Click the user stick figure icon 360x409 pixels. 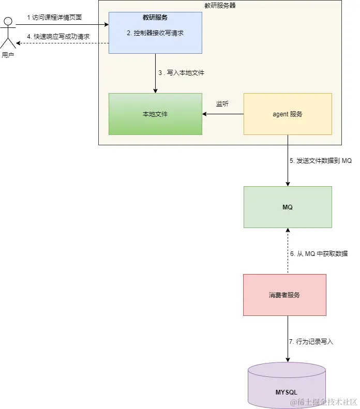tap(7, 32)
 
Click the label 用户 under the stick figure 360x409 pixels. tap(8, 55)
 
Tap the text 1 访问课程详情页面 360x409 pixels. tap(54, 17)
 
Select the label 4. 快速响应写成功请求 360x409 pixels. tap(58, 37)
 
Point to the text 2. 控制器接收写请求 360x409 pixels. tap(155, 33)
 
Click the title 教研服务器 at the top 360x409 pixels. tap(220, 5)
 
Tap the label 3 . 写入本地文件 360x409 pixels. tap(181, 73)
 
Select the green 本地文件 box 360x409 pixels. tap(155, 114)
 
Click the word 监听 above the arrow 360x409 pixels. tap(222, 104)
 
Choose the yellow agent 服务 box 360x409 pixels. tap(288, 114)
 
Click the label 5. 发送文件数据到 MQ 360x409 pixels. tap(320, 161)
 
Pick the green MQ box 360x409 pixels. tap(288, 207)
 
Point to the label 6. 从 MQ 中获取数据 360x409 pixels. tap(319, 254)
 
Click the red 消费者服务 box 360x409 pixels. tap(284, 295)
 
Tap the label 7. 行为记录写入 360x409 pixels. tap(311, 342)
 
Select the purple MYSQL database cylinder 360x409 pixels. tap(287, 385)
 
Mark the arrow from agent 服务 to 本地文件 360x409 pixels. tap(222, 114)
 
